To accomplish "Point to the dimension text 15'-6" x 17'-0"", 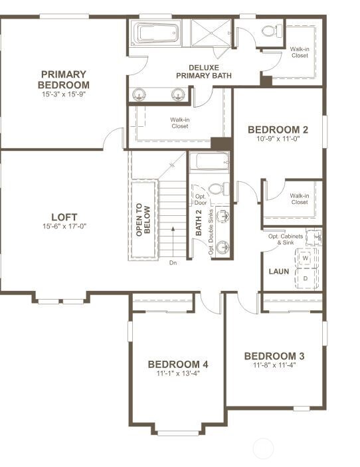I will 64,226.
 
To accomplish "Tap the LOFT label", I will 64,217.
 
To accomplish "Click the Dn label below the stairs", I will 173,263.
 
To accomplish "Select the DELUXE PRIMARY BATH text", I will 204,72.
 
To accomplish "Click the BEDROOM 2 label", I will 274,130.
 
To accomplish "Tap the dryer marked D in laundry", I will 306,278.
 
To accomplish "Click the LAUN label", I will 278,272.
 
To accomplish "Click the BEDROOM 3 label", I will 274,355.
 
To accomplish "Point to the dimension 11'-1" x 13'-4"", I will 178,373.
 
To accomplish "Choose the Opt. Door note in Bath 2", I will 200,199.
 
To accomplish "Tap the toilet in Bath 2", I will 220,189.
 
